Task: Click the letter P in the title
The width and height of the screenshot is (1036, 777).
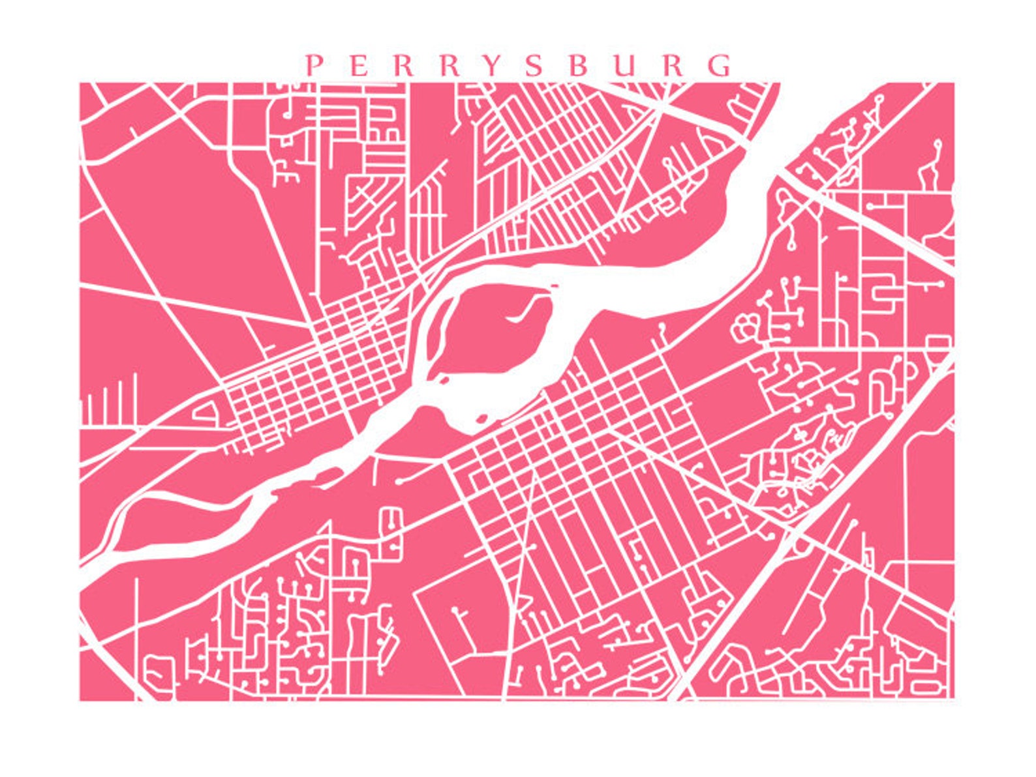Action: [x=315, y=66]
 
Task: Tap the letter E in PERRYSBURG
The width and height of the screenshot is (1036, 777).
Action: [x=358, y=66]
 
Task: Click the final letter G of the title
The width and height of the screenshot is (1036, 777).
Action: [x=720, y=66]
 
